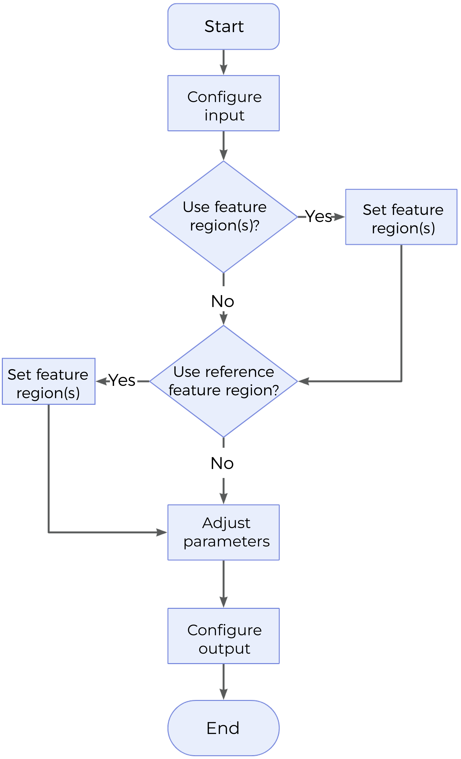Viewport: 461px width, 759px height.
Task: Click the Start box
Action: tap(223, 26)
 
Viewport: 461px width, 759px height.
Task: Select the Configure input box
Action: tap(223, 103)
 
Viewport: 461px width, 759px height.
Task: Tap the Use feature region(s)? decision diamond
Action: tap(223, 217)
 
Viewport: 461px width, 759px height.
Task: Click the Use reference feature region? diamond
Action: tap(223, 381)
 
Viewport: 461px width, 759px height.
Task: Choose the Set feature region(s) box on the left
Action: tap(49, 381)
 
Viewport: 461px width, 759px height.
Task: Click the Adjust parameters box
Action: tap(223, 532)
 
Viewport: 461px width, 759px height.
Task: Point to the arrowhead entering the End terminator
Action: tap(223, 695)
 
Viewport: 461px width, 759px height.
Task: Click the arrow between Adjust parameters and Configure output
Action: tap(223, 584)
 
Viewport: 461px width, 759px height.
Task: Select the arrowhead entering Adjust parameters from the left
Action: tap(162, 532)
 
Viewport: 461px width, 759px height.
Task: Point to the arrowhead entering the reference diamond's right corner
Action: tap(304, 381)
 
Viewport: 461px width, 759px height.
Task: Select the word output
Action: tap(224, 649)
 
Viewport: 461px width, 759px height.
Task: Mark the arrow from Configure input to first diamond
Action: tap(223, 145)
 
